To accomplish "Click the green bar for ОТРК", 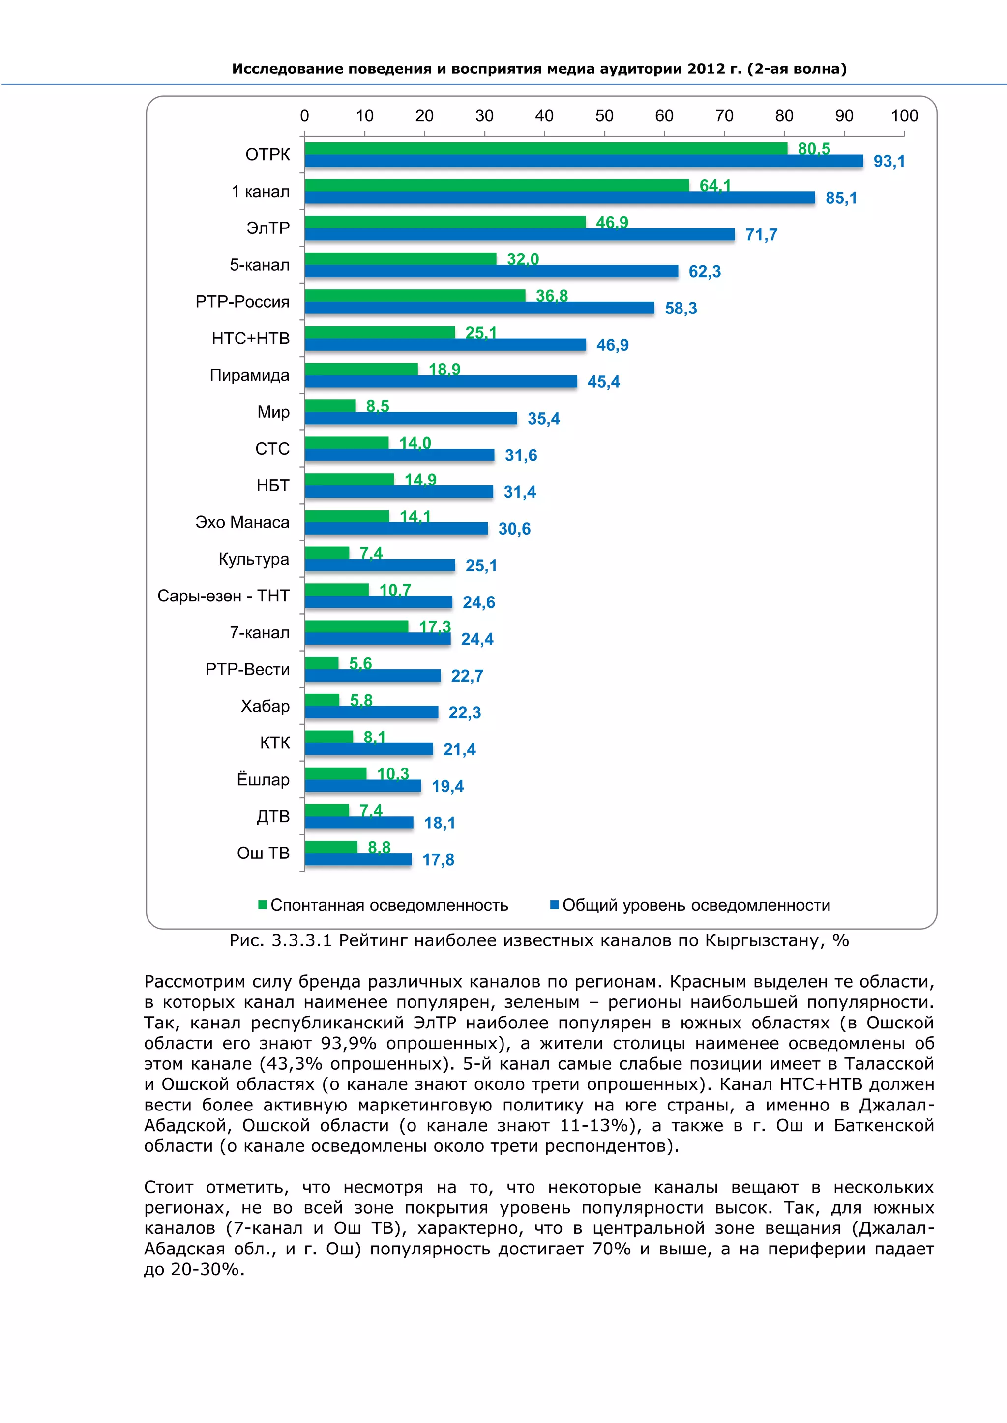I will click(x=546, y=149).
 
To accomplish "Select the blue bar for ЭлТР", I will click(x=520, y=234).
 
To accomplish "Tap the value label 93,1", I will click(x=889, y=162).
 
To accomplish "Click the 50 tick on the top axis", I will click(x=604, y=116).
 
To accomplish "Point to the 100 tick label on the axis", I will click(x=904, y=116).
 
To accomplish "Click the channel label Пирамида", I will click(x=249, y=375).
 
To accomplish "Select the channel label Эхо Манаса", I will click(x=242, y=522).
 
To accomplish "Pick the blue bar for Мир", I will click(x=411, y=418).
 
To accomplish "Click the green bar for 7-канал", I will click(x=356, y=626).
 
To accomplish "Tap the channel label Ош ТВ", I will click(x=263, y=854).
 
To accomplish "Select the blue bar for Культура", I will click(x=380, y=565).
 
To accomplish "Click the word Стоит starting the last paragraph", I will click(x=169, y=1188).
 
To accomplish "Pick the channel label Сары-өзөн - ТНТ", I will click(x=223, y=596).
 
